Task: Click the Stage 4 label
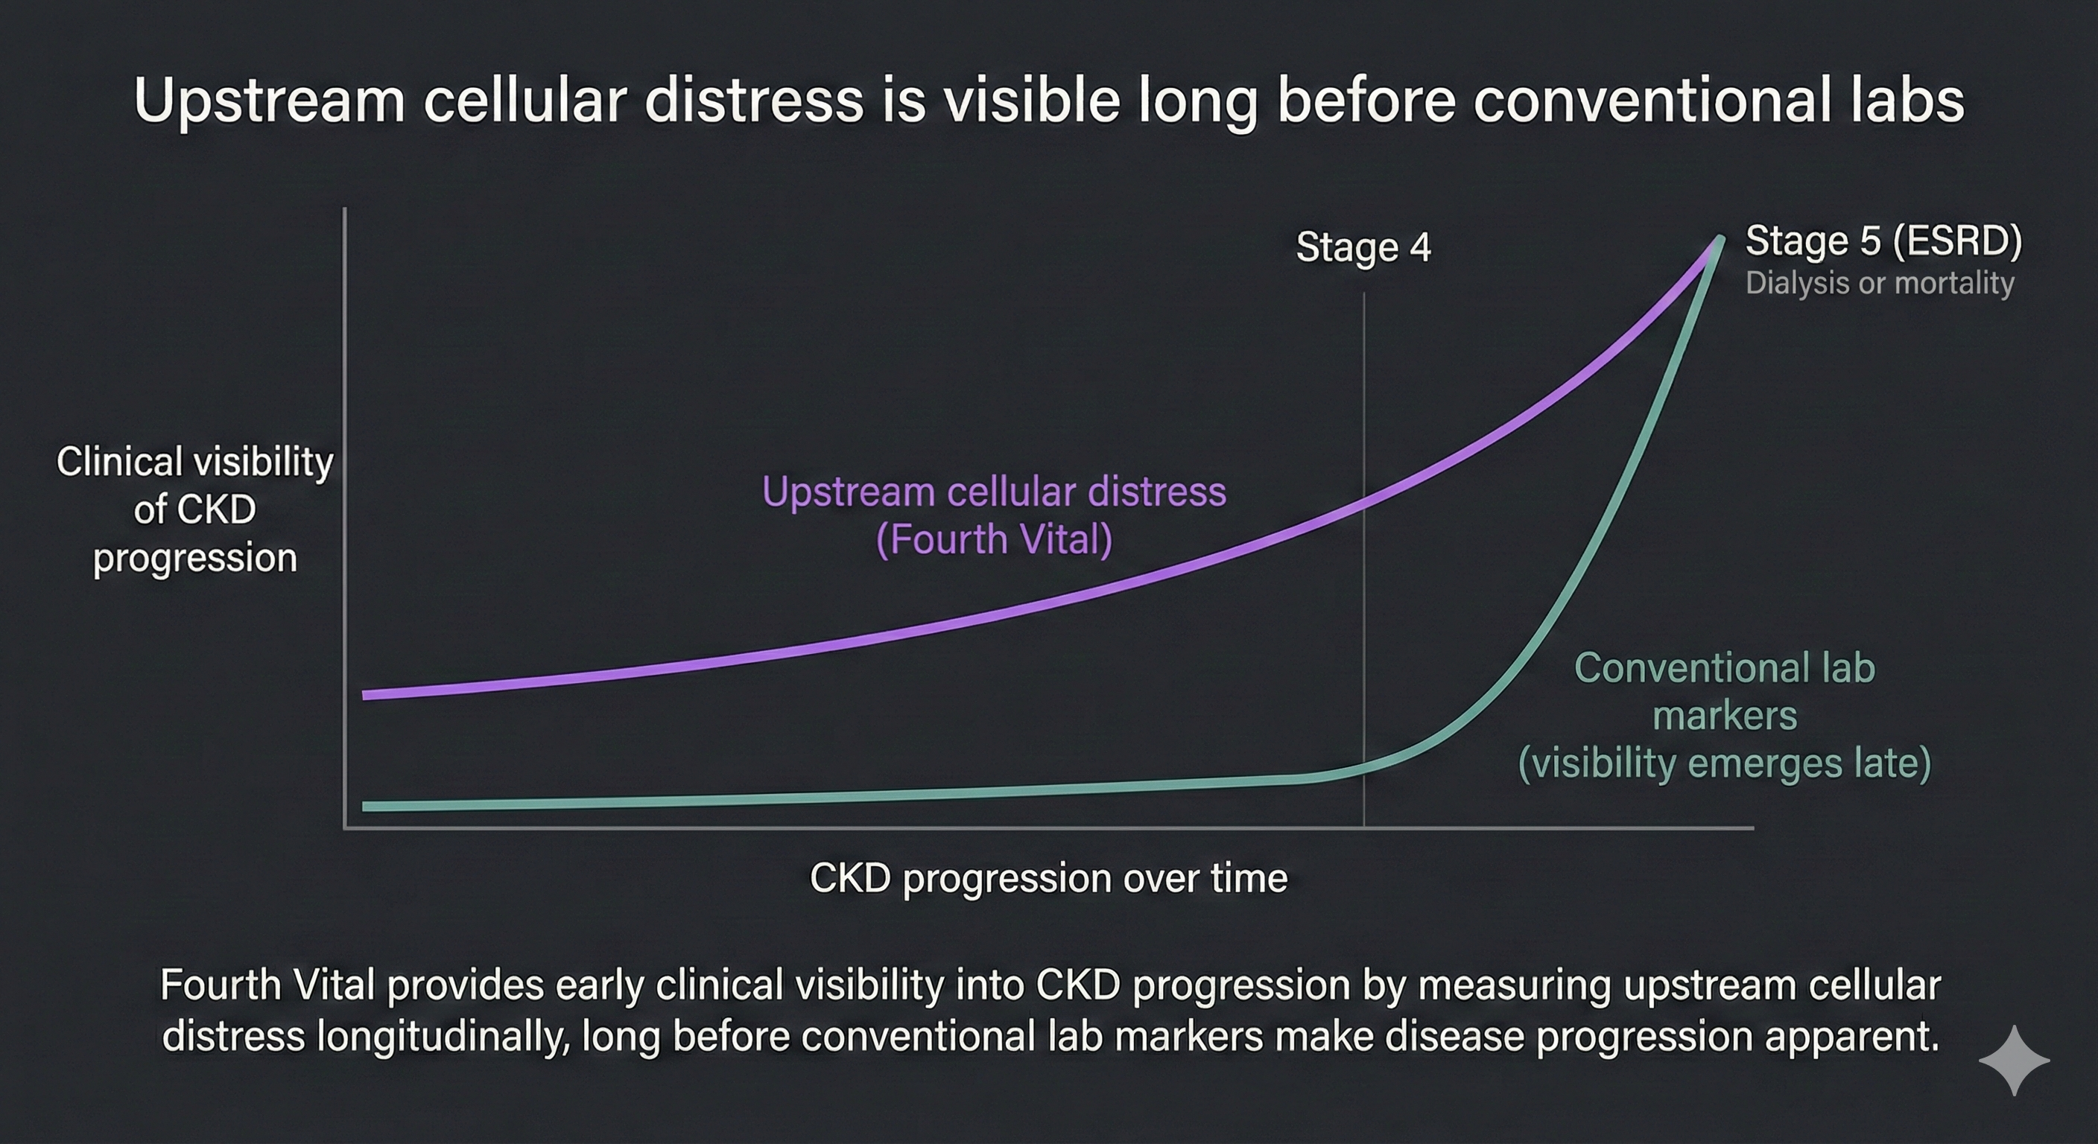point(1363,247)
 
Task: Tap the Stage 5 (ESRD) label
point(1883,241)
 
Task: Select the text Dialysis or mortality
point(1879,283)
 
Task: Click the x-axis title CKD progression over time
point(1048,879)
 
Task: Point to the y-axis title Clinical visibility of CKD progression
point(194,509)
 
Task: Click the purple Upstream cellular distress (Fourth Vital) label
point(994,515)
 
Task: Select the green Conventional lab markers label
point(1724,692)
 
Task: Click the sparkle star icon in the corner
point(2013,1060)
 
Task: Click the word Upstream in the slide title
point(269,101)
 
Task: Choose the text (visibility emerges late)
point(1724,763)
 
